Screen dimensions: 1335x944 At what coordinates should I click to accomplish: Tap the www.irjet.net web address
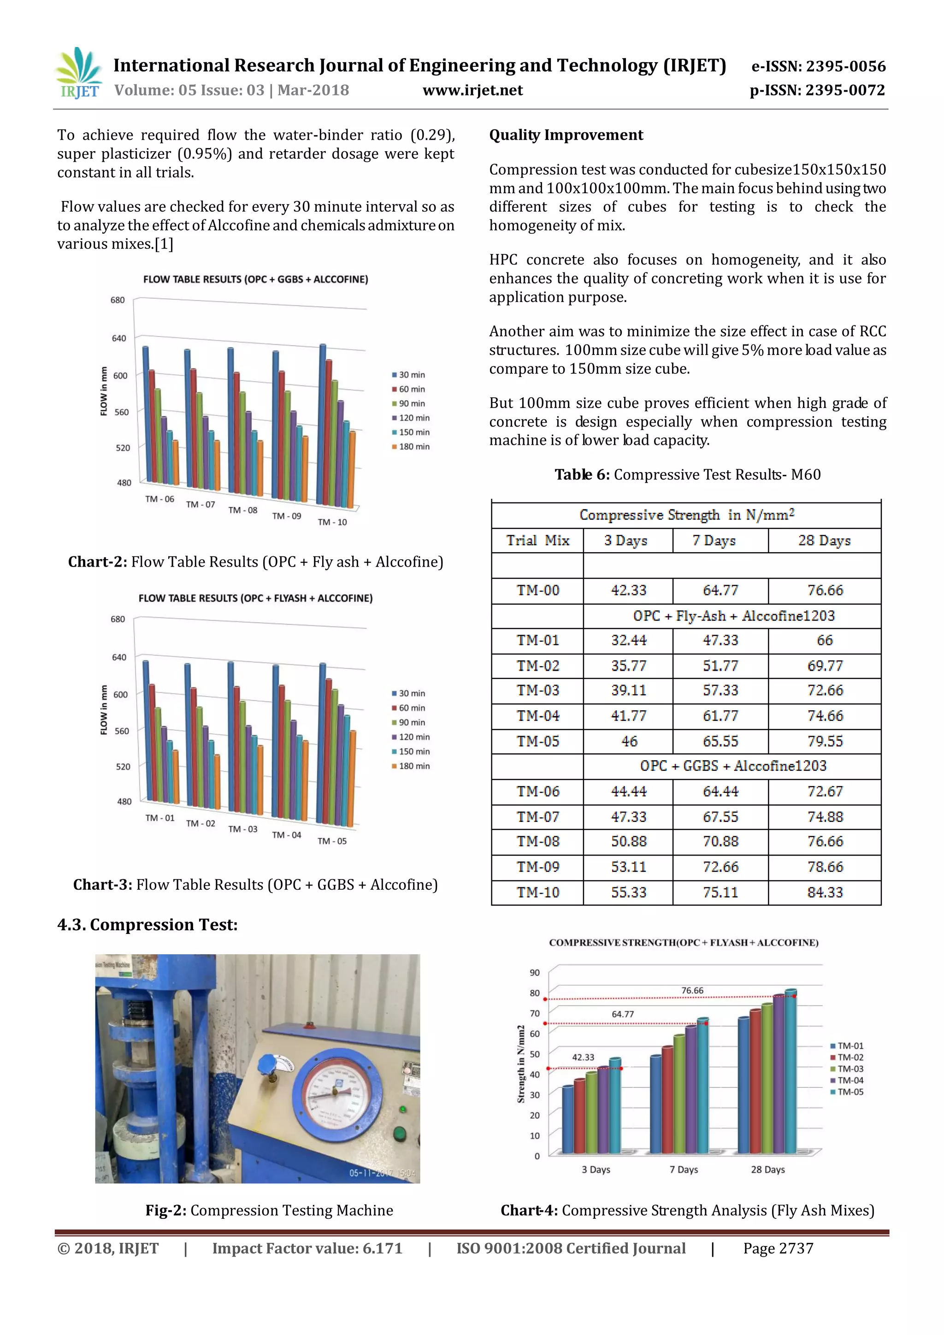472,90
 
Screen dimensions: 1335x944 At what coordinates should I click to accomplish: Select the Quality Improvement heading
566,135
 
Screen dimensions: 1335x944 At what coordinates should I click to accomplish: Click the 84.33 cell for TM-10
824,892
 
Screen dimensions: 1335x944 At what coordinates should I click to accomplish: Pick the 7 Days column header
714,540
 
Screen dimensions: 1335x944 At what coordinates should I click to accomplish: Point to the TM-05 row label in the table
538,741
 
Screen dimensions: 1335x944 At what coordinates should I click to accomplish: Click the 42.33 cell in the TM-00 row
628,590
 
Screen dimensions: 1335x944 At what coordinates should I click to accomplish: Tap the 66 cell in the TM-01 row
824,640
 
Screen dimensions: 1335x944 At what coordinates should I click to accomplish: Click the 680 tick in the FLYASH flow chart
118,619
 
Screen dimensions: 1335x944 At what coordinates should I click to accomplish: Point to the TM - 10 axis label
332,522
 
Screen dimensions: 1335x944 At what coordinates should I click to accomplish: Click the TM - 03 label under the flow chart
242,829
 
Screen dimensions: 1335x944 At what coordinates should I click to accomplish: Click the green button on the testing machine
399,1134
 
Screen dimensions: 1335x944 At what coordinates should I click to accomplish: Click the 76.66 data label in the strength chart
692,990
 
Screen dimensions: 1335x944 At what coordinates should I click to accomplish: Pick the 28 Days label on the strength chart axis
767,1170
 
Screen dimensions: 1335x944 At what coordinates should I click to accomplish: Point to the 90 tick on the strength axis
534,972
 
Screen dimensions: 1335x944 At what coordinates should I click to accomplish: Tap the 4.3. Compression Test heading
147,925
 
